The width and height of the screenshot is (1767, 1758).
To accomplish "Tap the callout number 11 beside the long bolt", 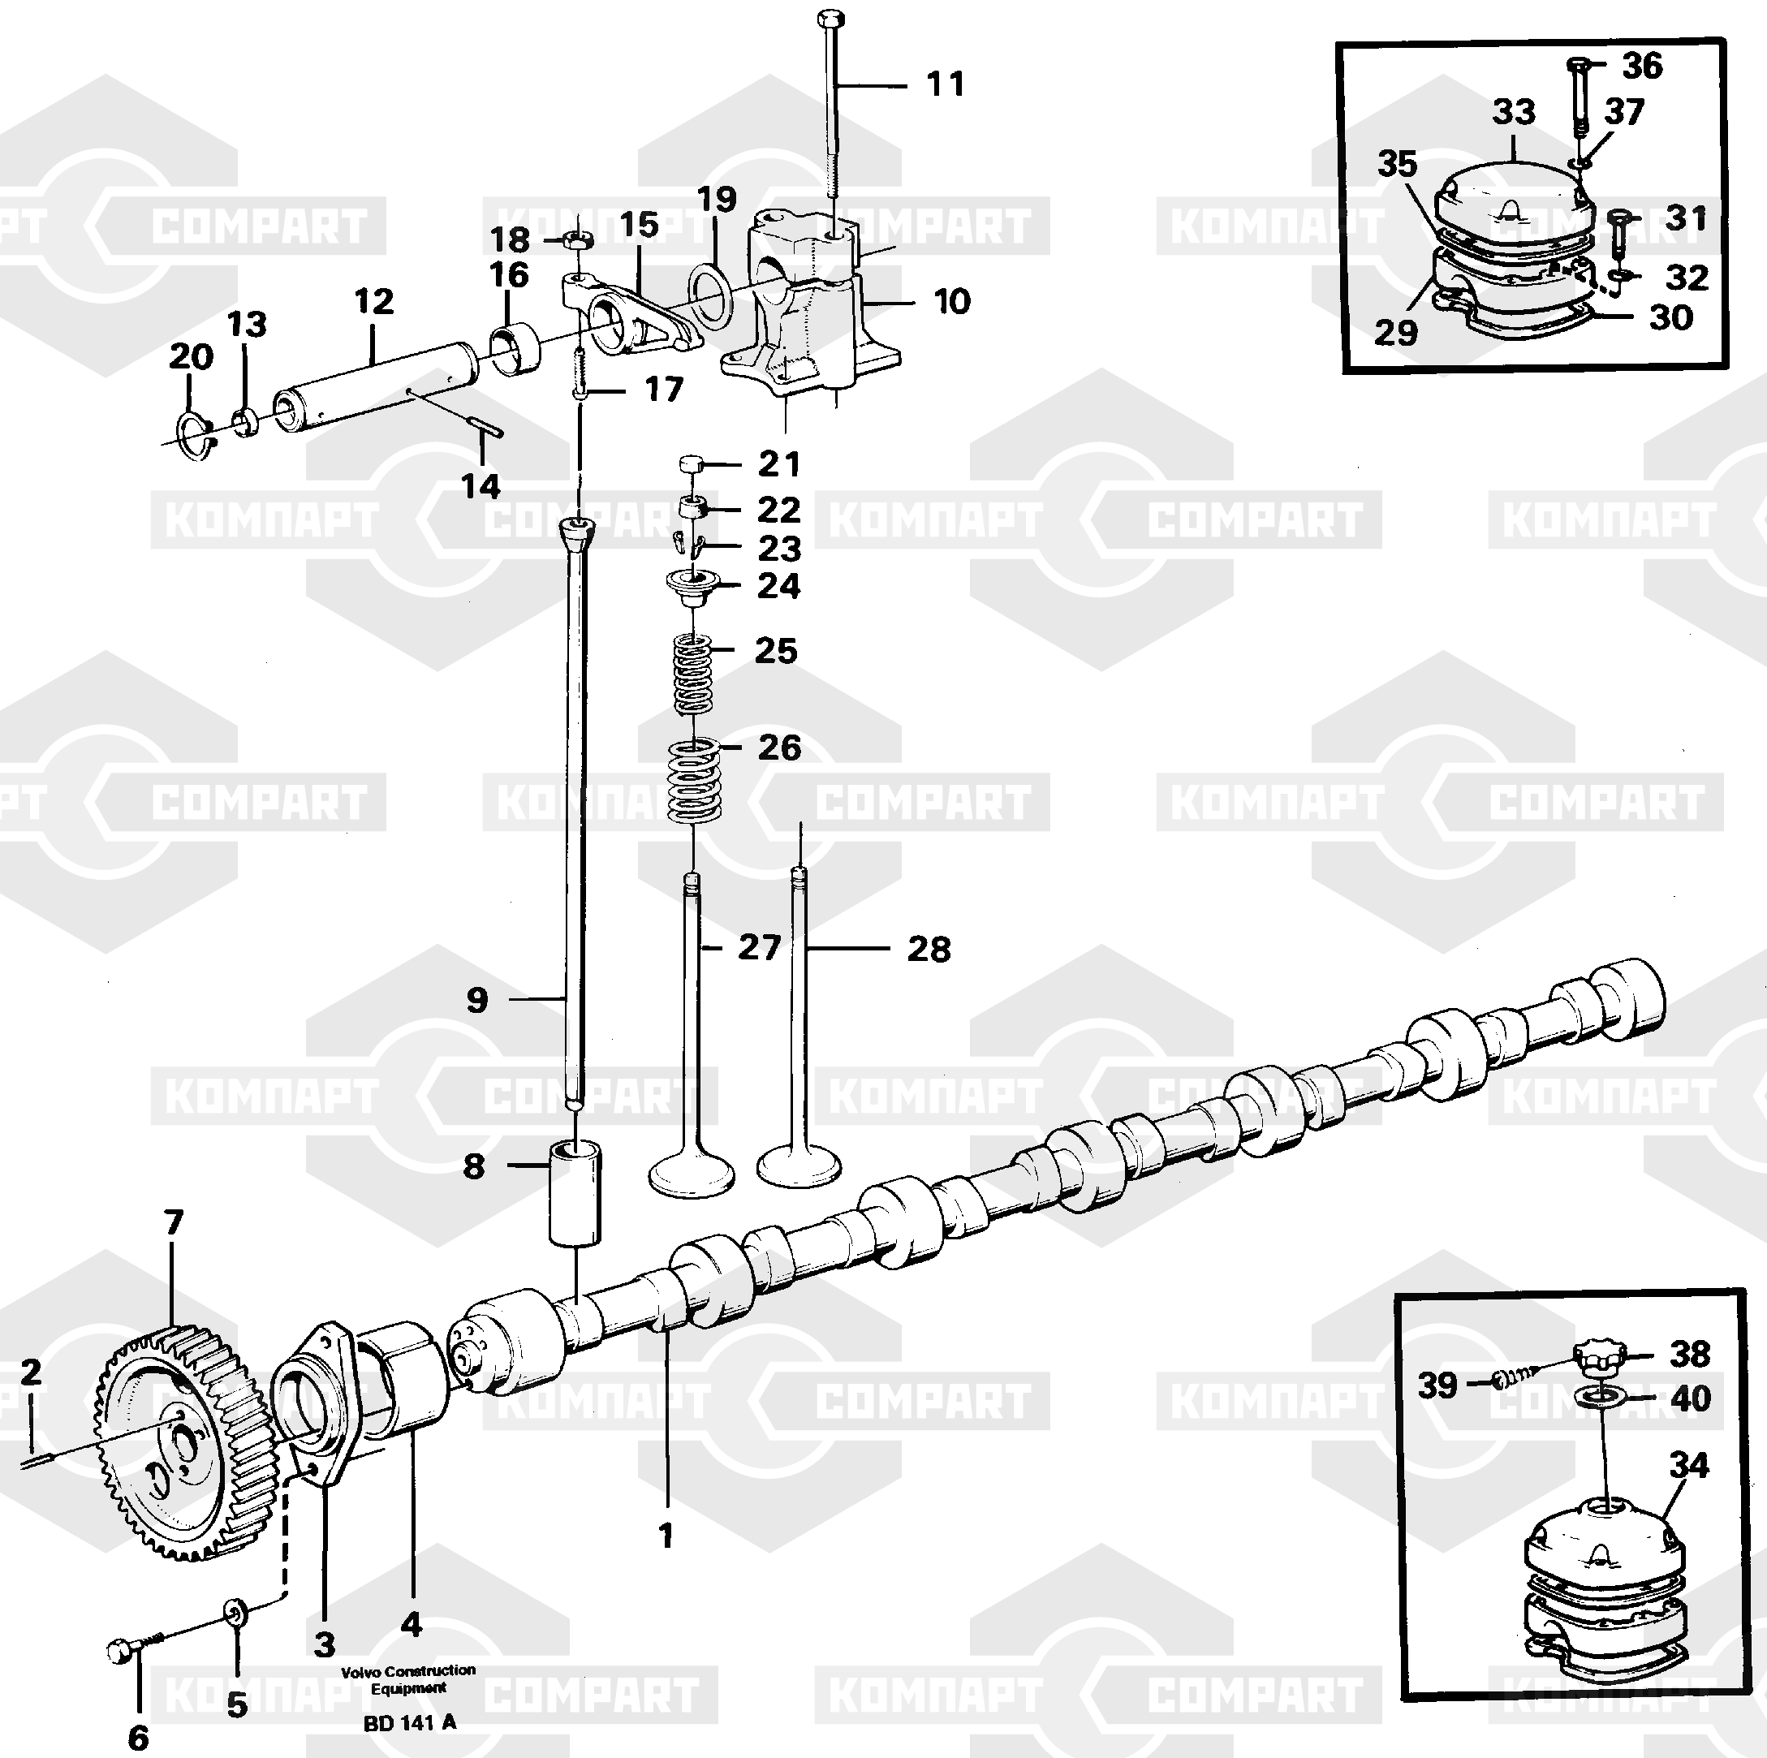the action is tap(946, 84).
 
